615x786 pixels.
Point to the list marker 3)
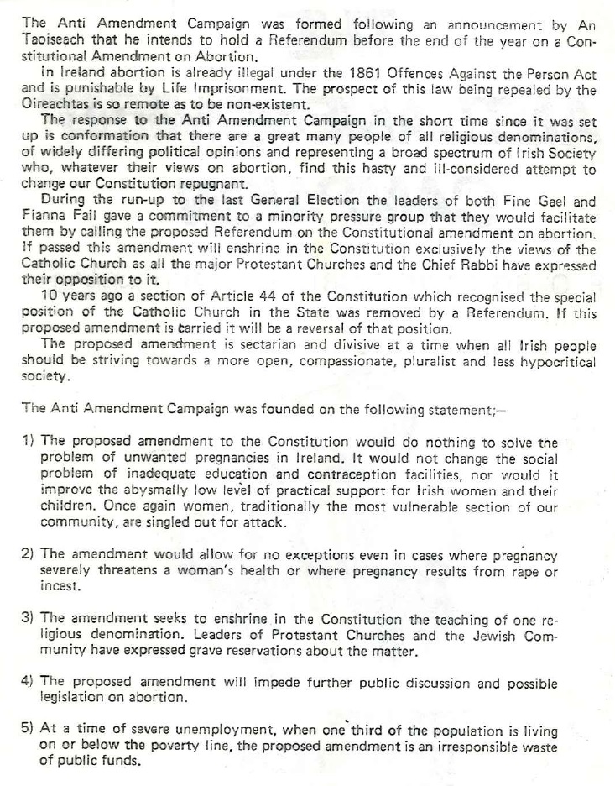(28, 618)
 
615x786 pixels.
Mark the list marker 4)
(28, 681)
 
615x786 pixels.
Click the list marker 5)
(28, 729)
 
